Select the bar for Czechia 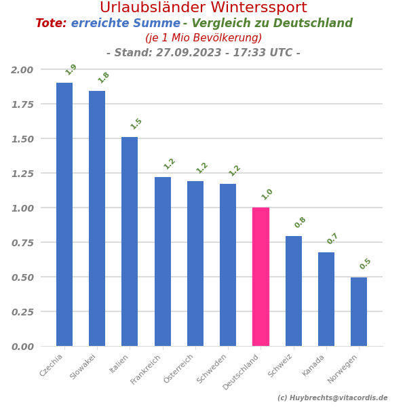click(x=64, y=214)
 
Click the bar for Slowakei click(x=97, y=218)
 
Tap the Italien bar click(x=130, y=241)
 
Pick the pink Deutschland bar click(x=260, y=277)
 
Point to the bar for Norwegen click(x=359, y=311)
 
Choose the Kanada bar click(x=326, y=299)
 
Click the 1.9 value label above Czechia click(x=71, y=69)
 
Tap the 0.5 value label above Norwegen click(x=366, y=264)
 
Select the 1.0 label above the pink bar click(x=267, y=194)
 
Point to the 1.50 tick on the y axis click(x=22, y=138)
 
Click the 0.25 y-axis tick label click(x=22, y=311)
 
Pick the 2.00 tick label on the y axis click(x=22, y=69)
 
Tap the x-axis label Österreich click(x=179, y=368)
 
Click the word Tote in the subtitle click(x=51, y=24)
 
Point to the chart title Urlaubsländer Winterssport click(x=203, y=8)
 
